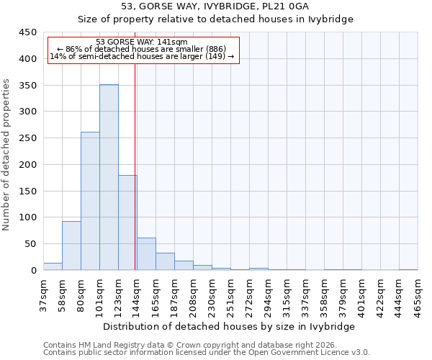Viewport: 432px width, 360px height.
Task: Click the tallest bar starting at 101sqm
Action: click(109, 177)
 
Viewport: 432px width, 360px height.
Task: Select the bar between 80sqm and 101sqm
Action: click(90, 201)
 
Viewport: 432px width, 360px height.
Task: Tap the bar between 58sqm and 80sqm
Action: click(71, 246)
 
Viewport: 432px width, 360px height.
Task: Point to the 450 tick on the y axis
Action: click(27, 32)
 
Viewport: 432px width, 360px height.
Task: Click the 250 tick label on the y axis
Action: click(27, 138)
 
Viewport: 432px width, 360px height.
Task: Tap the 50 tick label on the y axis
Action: click(30, 244)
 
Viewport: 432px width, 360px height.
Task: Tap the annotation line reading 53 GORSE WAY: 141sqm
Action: click(142, 42)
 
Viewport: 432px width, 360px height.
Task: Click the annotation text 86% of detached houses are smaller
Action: click(142, 49)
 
